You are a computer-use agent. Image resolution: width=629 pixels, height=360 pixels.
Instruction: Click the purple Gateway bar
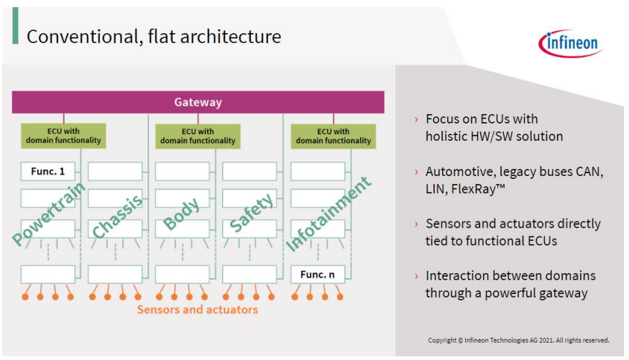click(198, 102)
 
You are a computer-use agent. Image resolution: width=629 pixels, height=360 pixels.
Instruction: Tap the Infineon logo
click(571, 43)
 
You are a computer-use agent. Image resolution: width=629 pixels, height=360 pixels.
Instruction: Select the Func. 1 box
click(47, 171)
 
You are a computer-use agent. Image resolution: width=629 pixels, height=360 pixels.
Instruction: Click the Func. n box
click(317, 274)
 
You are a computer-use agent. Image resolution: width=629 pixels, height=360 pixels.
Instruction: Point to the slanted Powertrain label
click(49, 213)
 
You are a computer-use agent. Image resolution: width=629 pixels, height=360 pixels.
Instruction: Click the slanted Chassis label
click(117, 216)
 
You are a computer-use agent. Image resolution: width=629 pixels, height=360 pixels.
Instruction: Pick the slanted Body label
click(181, 213)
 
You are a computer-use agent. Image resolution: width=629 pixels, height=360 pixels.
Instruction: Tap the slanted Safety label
click(252, 213)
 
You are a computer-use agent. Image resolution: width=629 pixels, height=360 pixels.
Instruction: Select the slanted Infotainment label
click(328, 214)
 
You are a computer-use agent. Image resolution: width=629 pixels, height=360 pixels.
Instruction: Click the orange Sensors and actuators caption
click(198, 310)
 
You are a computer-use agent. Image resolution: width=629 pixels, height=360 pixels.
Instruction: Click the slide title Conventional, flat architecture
click(154, 37)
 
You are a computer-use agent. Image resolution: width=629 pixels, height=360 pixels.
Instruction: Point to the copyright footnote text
click(518, 341)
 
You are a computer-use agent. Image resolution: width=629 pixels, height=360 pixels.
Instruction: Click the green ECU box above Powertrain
click(63, 136)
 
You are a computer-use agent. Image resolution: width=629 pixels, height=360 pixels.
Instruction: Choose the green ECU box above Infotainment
click(334, 137)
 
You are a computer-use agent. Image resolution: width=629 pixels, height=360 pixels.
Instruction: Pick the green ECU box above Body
click(198, 137)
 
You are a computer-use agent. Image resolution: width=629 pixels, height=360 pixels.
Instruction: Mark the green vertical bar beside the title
click(15, 26)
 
